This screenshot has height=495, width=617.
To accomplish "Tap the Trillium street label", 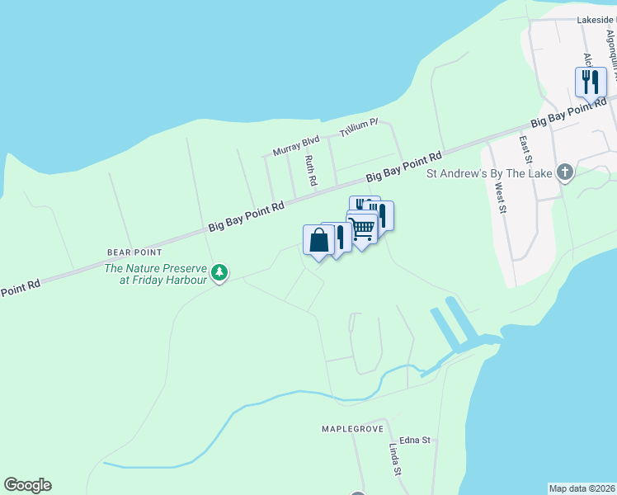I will (x=360, y=127).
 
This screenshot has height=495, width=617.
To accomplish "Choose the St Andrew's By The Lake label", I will (x=487, y=173).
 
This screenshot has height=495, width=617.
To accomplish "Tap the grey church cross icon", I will (x=565, y=172).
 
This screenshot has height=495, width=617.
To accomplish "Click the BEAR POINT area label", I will (x=134, y=252).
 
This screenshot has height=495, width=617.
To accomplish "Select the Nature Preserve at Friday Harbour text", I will (x=153, y=273).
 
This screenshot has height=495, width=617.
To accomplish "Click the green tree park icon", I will (x=219, y=272).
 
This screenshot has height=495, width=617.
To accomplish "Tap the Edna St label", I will (x=415, y=441).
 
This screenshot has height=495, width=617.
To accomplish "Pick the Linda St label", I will (x=394, y=460).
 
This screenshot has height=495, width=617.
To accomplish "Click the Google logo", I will (x=27, y=485).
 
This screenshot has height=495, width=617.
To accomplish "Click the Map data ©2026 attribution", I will (x=582, y=488).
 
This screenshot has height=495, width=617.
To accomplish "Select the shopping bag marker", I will (x=318, y=240).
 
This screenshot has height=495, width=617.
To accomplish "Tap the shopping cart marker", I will (x=362, y=227).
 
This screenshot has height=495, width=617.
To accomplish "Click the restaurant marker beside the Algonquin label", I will (x=590, y=82).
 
